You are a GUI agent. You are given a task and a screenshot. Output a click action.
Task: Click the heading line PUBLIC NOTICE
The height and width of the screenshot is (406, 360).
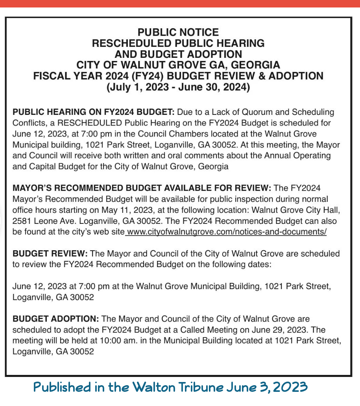click(178, 32)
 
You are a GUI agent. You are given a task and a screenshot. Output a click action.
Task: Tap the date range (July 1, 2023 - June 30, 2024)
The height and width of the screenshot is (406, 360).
click(178, 86)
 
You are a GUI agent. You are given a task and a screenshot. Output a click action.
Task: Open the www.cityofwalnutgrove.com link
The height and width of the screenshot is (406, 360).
click(227, 232)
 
